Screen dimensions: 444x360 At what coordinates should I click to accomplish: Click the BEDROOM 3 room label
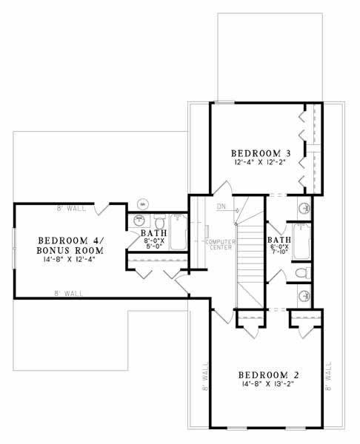[x=259, y=153]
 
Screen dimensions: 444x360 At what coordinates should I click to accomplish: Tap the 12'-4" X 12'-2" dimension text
[x=259, y=163]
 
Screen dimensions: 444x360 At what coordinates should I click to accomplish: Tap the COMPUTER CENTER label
[x=219, y=246]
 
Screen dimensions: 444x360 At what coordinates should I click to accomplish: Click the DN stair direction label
[x=221, y=206]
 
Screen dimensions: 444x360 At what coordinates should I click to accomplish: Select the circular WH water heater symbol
[x=144, y=202]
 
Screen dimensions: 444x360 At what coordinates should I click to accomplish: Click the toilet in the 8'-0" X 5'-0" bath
[x=161, y=221]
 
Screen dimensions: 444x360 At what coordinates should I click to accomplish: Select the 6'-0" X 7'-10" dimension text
[x=279, y=249]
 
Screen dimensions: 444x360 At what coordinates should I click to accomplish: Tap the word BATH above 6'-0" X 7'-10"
[x=279, y=240]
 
